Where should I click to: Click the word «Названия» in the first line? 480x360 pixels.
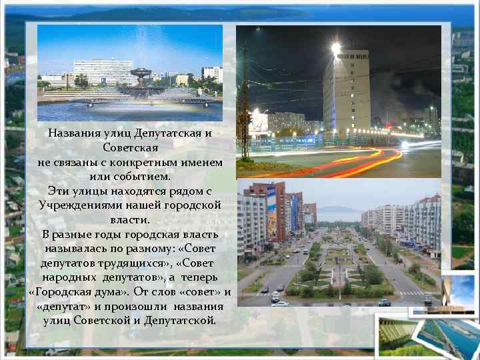tap(71, 133)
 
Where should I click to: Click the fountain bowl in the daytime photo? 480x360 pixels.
tap(142, 73)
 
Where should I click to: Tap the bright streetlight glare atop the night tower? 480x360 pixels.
tap(335, 49)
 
